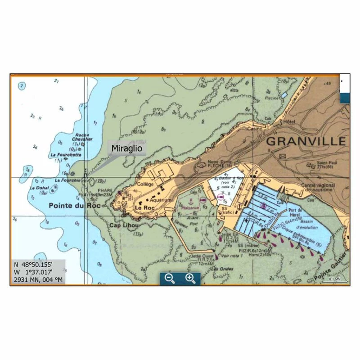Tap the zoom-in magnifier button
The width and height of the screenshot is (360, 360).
(x=190, y=278)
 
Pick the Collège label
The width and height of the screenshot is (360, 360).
(x=146, y=184)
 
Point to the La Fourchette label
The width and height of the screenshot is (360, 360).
(x=66, y=154)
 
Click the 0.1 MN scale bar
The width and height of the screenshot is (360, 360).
(x=333, y=279)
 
